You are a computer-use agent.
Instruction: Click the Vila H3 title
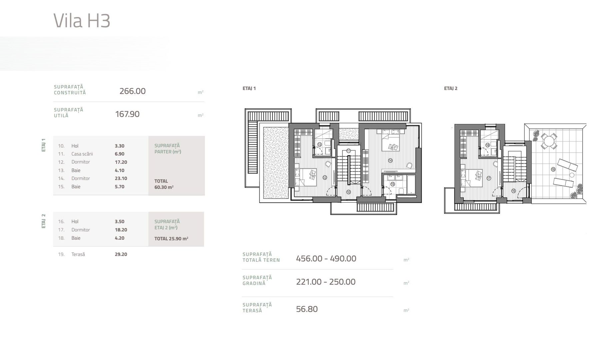pos(82,21)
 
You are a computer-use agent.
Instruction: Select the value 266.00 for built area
pos(132,91)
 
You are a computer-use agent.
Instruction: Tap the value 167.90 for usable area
pos(127,114)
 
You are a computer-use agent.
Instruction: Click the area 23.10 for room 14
pos(121,178)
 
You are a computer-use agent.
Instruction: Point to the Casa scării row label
pos(82,154)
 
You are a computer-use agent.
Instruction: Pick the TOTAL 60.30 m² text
pos(164,184)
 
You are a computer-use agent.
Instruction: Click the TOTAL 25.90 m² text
pos(171,239)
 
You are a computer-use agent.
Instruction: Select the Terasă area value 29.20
pos(121,254)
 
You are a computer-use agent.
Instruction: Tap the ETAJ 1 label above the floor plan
pos(249,88)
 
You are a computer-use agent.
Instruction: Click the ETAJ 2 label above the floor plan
pos(450,88)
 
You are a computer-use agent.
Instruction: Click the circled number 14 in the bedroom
pos(390,161)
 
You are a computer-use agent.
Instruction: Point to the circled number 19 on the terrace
pos(553,169)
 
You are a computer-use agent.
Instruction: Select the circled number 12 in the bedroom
pos(324,178)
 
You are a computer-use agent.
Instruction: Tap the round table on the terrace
pos(548,141)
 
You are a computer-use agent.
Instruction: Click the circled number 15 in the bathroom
pos(392,184)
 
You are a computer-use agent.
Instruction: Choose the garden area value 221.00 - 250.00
pos(325,282)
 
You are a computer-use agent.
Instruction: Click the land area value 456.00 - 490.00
pos(326,258)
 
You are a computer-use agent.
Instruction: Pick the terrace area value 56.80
pos(306,309)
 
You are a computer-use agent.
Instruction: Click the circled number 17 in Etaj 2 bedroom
pos(488,178)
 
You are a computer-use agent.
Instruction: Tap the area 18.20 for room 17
pos(121,230)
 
